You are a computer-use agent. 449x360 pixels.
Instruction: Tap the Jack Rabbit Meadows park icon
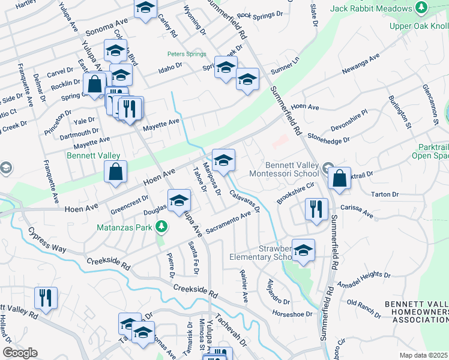click(x=422, y=8)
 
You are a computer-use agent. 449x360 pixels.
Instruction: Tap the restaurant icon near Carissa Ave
click(x=316, y=209)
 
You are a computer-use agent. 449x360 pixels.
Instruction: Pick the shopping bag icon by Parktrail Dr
click(x=340, y=178)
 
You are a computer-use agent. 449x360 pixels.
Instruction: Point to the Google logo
click(x=20, y=353)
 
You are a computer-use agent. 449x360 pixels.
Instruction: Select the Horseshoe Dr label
click(x=293, y=313)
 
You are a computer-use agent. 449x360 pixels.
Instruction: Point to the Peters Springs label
click(x=186, y=53)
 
